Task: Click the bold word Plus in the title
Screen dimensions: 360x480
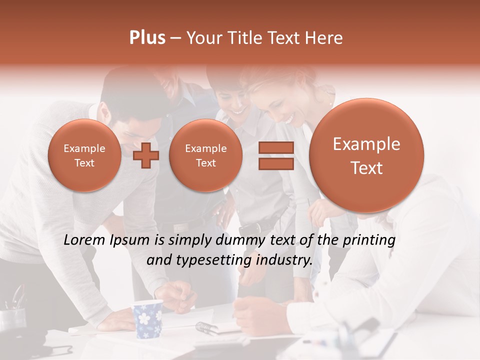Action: click(147, 37)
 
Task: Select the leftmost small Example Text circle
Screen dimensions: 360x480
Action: click(84, 155)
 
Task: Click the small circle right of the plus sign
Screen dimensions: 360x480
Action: click(205, 155)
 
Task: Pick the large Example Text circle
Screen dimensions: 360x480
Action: click(366, 155)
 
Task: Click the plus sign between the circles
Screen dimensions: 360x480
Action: click(146, 155)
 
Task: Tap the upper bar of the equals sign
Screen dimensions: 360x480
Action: click(275, 147)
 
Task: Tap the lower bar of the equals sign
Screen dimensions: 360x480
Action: click(275, 164)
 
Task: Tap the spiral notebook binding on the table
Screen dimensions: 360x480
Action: click(206, 328)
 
